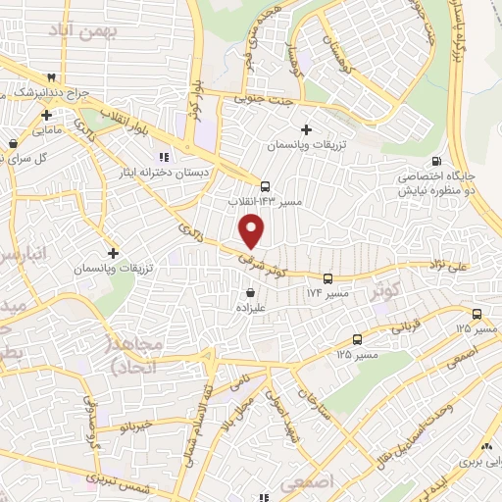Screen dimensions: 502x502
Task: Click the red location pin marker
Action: pos(252,230)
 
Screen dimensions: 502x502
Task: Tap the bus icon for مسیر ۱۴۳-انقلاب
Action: pos(265,185)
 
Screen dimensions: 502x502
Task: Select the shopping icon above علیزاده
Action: pos(252,292)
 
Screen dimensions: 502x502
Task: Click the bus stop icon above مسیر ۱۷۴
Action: pos(327,277)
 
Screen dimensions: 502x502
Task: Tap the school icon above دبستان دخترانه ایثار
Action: pos(164,156)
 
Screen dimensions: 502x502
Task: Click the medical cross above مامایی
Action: pos(46,115)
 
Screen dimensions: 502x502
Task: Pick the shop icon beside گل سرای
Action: pos(12,143)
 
